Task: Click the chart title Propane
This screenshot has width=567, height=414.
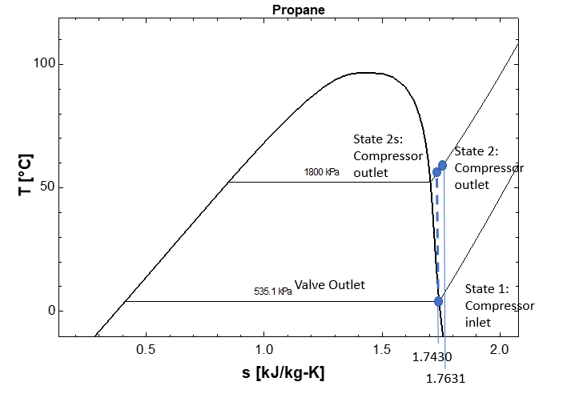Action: tap(298, 10)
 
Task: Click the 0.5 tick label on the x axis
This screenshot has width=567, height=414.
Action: tap(146, 349)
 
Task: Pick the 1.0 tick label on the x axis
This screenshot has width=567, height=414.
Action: tap(263, 349)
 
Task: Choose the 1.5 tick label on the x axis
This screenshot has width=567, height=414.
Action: tap(381, 349)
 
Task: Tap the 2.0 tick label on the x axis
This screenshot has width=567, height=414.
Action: tap(499, 349)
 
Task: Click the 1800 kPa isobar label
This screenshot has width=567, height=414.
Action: tap(322, 172)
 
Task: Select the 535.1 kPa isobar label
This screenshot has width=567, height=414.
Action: tap(273, 291)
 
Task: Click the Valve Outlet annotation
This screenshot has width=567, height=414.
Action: tap(329, 285)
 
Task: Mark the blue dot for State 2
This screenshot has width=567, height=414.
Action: tap(442, 165)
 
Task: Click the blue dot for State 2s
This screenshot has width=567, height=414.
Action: tap(436, 172)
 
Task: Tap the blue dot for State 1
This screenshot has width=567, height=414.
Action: tap(438, 301)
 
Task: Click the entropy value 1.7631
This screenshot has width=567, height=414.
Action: tap(445, 380)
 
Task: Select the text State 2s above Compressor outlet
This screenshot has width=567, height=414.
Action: tap(380, 139)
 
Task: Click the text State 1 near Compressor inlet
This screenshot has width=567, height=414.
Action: tap(492, 289)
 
